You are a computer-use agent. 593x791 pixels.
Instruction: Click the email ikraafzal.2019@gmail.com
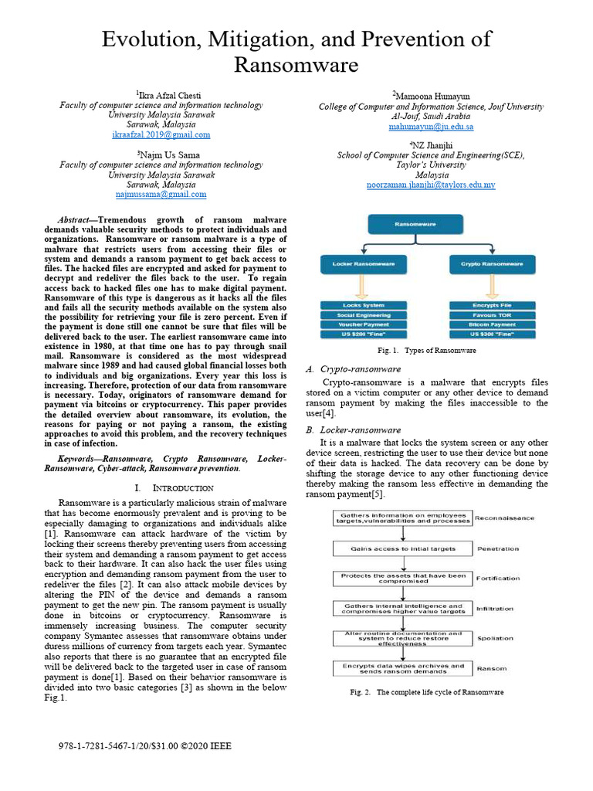[161, 134]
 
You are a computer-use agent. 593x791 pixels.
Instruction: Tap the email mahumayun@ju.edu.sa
[431, 127]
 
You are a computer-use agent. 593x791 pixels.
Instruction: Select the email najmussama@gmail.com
[161, 195]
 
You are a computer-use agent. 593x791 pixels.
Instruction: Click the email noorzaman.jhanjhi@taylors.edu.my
[431, 185]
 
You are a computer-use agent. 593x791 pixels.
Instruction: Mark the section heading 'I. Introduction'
[174, 488]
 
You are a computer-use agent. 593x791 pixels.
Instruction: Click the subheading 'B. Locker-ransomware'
[353, 429]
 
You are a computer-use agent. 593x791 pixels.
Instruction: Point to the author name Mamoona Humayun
[431, 96]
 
